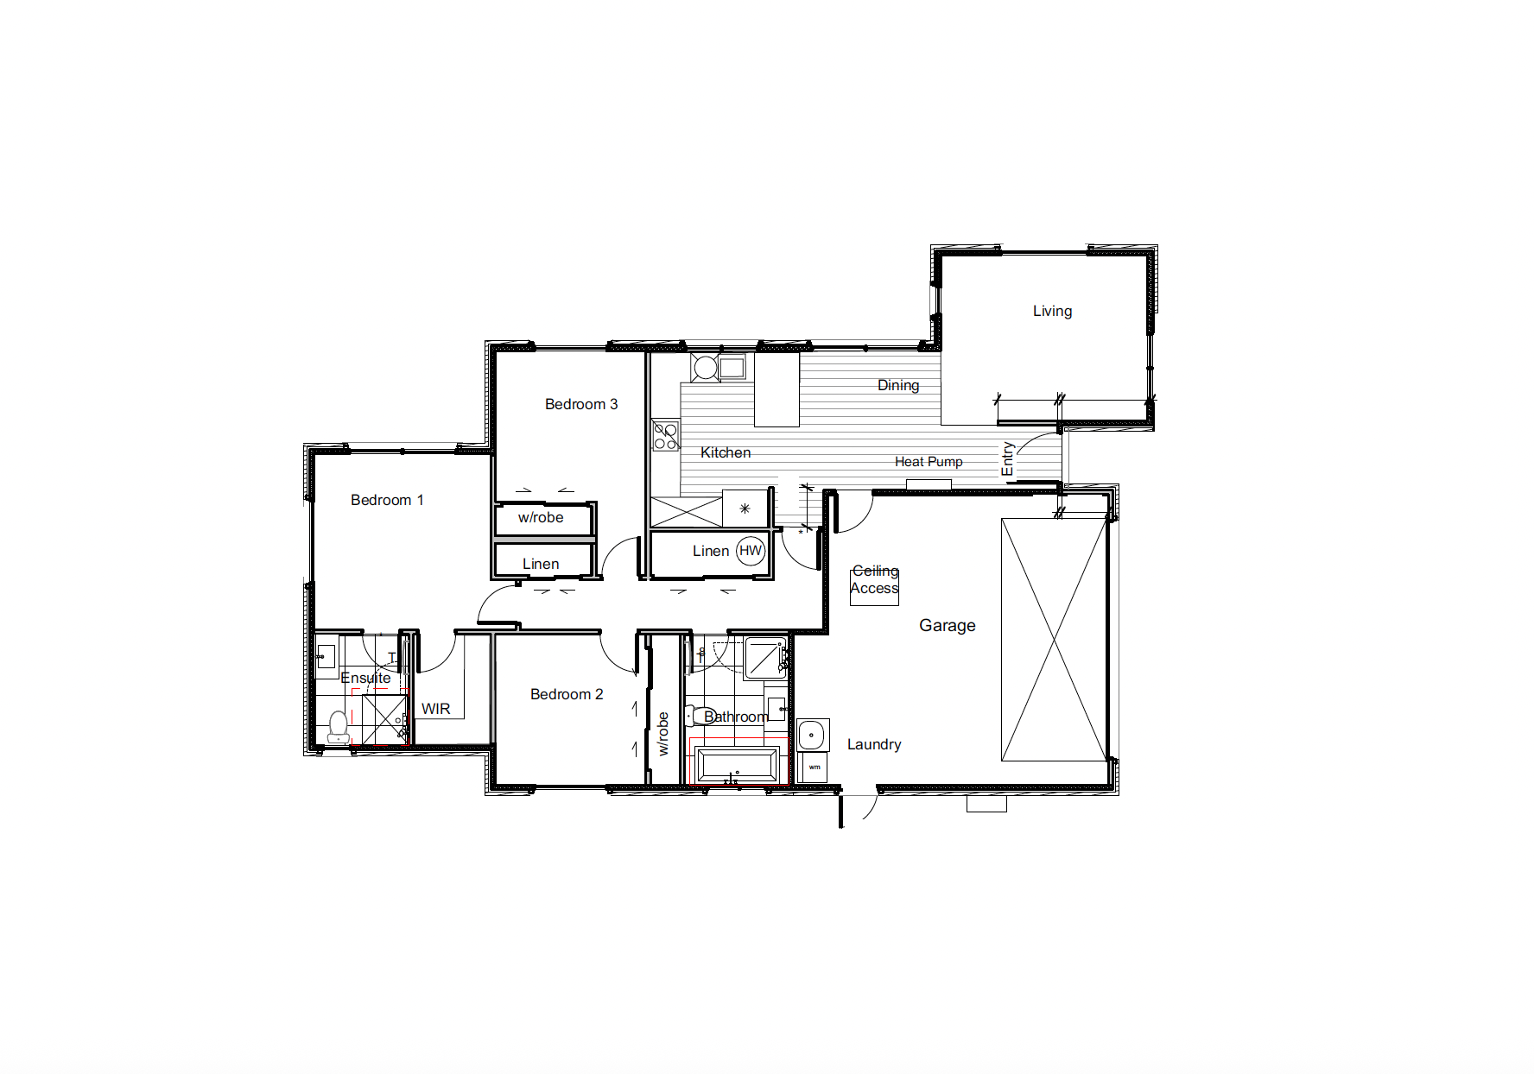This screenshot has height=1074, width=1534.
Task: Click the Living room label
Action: [1052, 311]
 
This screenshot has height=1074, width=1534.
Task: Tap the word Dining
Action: [898, 385]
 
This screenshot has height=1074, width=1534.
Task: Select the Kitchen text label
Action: [726, 452]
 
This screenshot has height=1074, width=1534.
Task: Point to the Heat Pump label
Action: [929, 462]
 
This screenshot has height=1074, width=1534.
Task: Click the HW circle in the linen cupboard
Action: [751, 551]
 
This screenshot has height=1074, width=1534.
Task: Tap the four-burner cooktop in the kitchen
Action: [665, 435]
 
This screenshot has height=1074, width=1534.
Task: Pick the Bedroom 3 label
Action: [581, 404]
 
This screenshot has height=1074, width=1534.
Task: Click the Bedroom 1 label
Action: [387, 500]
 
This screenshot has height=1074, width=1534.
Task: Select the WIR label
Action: [436, 709]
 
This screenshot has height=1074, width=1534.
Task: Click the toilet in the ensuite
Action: [339, 727]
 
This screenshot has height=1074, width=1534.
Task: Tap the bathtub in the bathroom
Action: [737, 766]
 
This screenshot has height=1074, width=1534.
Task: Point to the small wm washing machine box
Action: [814, 767]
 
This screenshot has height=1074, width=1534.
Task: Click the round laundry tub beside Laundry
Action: [812, 736]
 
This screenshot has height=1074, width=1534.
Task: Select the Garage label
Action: [948, 625]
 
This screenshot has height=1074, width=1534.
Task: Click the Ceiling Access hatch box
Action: [874, 587]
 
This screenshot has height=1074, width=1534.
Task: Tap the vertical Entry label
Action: [1007, 458]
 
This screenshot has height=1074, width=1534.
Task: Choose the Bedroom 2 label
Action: [567, 694]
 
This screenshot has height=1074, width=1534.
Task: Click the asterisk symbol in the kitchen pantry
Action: [745, 509]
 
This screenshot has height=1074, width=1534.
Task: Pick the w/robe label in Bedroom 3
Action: [541, 517]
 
